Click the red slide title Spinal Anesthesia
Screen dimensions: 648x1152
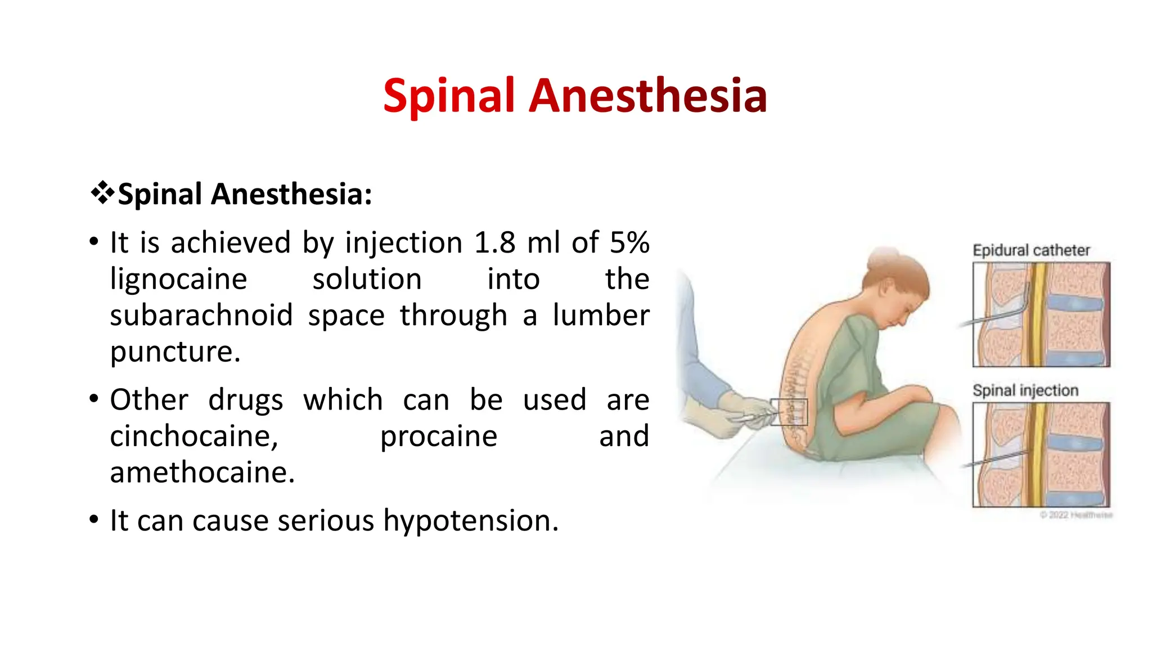coord(575,96)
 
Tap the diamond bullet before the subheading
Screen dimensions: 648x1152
coord(102,193)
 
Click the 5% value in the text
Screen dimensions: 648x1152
coord(629,243)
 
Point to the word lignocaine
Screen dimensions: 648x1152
coord(178,280)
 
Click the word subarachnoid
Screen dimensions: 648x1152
coord(201,316)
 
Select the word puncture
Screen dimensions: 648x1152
coord(174,352)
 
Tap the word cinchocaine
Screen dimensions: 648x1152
coord(193,436)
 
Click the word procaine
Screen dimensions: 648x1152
coord(438,436)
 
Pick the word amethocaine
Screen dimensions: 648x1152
coord(202,472)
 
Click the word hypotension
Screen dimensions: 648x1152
coord(470,521)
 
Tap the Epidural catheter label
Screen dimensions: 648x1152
coord(1030,250)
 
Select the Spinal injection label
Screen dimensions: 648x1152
coord(1025,390)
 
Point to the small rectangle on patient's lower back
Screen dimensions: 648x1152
coord(789,412)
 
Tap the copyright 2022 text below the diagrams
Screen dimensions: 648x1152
coord(1075,515)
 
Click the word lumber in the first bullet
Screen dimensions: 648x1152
coord(601,316)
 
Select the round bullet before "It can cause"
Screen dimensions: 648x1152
coord(94,520)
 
